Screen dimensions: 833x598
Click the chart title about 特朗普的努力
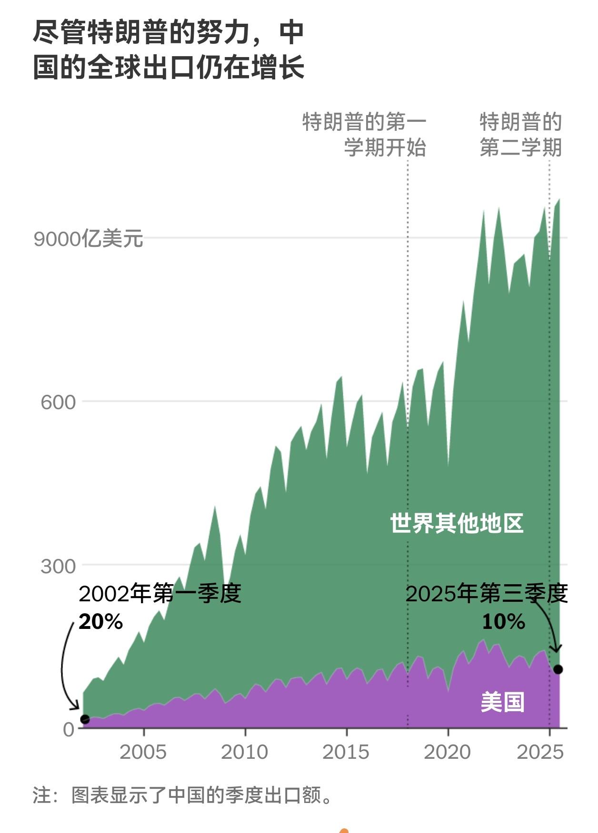tap(169, 50)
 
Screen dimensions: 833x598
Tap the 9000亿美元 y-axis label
tap(88, 238)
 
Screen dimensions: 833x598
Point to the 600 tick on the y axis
tap(58, 402)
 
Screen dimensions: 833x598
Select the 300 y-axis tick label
tap(58, 566)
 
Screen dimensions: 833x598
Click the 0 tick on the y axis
tap(69, 729)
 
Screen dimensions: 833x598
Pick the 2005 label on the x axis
tap(143, 752)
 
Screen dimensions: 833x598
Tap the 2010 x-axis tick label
tap(245, 752)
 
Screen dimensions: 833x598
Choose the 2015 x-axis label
tap(346, 752)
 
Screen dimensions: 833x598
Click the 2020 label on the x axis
tap(448, 752)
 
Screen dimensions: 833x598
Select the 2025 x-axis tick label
tap(540, 752)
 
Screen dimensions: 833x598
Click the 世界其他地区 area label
tap(457, 523)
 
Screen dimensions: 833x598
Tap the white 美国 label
tap(503, 702)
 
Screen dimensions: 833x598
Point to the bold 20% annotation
tap(101, 621)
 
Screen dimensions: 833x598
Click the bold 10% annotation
tap(503, 621)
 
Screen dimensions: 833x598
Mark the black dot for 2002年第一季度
tap(85, 719)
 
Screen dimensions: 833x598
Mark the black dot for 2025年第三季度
tap(558, 669)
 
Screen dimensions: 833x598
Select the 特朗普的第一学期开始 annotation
tap(365, 135)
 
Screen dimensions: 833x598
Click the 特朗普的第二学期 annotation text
tap(521, 135)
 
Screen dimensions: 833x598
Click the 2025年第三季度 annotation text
tap(487, 594)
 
